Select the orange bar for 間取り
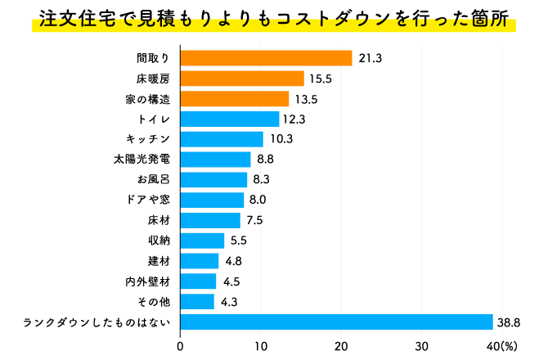point(266,58)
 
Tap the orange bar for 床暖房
point(242,79)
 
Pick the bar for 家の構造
point(234,99)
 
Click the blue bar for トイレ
point(229,119)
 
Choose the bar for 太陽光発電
point(215,160)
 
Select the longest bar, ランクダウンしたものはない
point(336,322)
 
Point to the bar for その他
point(197,302)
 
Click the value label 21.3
point(371,58)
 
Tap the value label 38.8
point(512,322)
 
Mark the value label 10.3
point(281,139)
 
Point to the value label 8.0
point(258,200)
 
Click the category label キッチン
point(147,139)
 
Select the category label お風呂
point(153,180)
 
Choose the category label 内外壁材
point(147,281)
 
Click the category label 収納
point(159,241)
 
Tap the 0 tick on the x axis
point(180,345)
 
